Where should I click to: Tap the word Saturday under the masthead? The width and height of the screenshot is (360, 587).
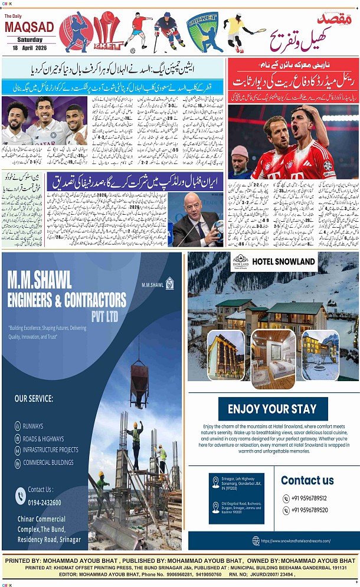pos(30,40)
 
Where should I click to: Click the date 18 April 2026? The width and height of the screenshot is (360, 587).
pos(30,47)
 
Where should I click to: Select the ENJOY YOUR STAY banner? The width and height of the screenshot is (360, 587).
pos(273,409)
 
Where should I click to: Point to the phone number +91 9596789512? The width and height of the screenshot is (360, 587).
pos(309,498)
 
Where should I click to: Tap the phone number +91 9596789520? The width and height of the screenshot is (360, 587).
pos(309,510)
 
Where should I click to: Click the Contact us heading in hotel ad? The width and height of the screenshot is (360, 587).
pos(307,480)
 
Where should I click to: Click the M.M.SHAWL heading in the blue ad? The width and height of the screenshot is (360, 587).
pos(40,278)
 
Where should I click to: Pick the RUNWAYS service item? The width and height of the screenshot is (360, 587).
pos(33,426)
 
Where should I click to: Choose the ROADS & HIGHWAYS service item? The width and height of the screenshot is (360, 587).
pos(43,438)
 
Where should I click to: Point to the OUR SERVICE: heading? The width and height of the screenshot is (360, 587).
pos(34,398)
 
